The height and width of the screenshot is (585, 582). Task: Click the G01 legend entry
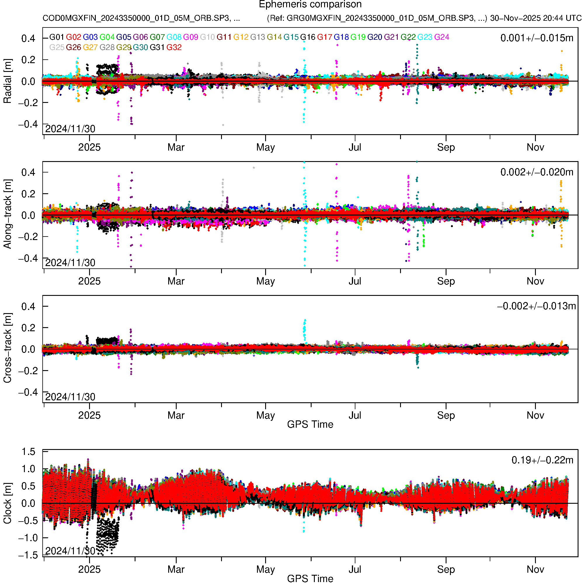[57, 37]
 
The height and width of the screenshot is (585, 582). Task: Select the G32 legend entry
[174, 48]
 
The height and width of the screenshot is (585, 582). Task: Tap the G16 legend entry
[307, 37]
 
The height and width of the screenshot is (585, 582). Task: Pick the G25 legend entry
[57, 48]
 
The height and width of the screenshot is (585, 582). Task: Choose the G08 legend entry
[174, 37]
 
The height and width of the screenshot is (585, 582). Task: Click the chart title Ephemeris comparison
[310, 4]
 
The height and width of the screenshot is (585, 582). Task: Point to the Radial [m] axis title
[7, 81]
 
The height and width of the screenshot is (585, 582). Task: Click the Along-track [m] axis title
[7, 214]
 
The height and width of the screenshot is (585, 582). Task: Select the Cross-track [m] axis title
[7, 348]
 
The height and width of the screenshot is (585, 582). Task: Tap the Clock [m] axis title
[7, 503]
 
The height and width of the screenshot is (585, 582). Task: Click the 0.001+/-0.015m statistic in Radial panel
[537, 38]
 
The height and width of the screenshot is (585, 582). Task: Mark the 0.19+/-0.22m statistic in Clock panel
[542, 460]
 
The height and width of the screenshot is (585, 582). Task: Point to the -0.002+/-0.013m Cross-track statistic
[536, 306]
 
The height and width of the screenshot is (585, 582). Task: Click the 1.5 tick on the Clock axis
[28, 452]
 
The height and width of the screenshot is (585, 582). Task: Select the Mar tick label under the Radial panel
[176, 147]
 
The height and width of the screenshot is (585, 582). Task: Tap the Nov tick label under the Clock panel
[535, 570]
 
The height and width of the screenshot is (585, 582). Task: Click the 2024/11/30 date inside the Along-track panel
[70, 263]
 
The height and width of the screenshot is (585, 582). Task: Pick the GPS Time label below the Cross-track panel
[310, 424]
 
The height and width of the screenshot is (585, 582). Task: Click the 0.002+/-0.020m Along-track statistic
[537, 172]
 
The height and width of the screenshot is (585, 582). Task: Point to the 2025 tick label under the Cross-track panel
[89, 415]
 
